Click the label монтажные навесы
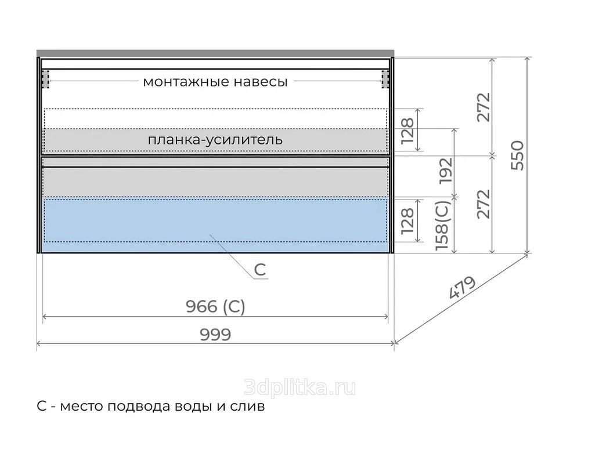click(215, 82)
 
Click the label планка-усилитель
click(215, 140)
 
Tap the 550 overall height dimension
click(518, 155)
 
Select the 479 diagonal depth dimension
click(462, 287)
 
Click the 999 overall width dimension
click(215, 335)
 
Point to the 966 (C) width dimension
click(215, 306)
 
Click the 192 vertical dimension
click(446, 171)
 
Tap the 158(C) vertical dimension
click(443, 226)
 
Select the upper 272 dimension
click(483, 107)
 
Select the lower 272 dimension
click(483, 204)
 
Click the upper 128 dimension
click(407, 130)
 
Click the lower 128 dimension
click(407, 220)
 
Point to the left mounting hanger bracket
click(45, 79)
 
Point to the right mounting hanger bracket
click(385, 79)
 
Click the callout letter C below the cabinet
click(260, 270)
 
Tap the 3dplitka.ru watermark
click(299, 387)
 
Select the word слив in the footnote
click(247, 406)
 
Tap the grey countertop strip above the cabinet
click(215, 53)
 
